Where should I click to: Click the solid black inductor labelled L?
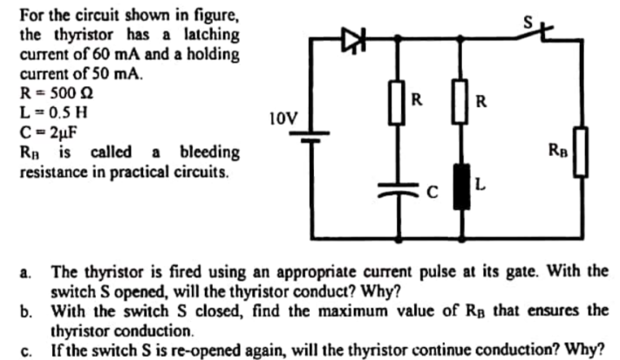[x=461, y=186]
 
